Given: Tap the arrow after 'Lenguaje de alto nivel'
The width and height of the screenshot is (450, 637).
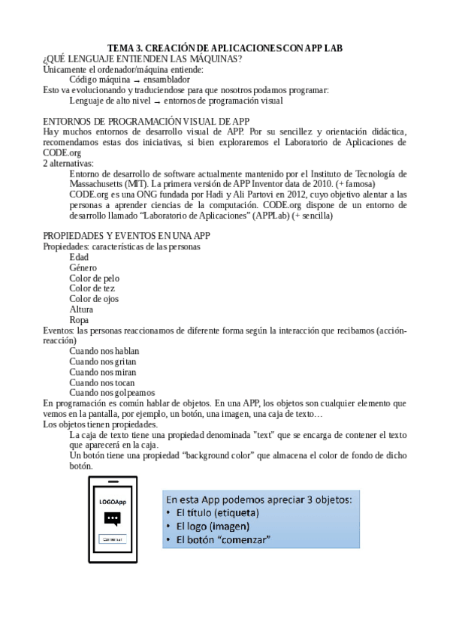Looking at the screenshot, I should (156, 100).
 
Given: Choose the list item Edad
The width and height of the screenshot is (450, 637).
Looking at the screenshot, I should (78, 257).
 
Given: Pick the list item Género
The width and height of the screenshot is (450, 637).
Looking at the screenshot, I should (83, 267).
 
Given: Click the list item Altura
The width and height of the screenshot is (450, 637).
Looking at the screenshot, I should (81, 309).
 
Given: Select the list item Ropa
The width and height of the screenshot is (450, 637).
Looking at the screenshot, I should (78, 319).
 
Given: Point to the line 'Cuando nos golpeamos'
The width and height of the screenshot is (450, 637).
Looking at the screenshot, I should (111, 391).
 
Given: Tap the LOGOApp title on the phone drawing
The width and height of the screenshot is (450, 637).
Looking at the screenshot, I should (113, 501).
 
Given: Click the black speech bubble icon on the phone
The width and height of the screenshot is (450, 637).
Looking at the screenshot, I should (113, 518).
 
